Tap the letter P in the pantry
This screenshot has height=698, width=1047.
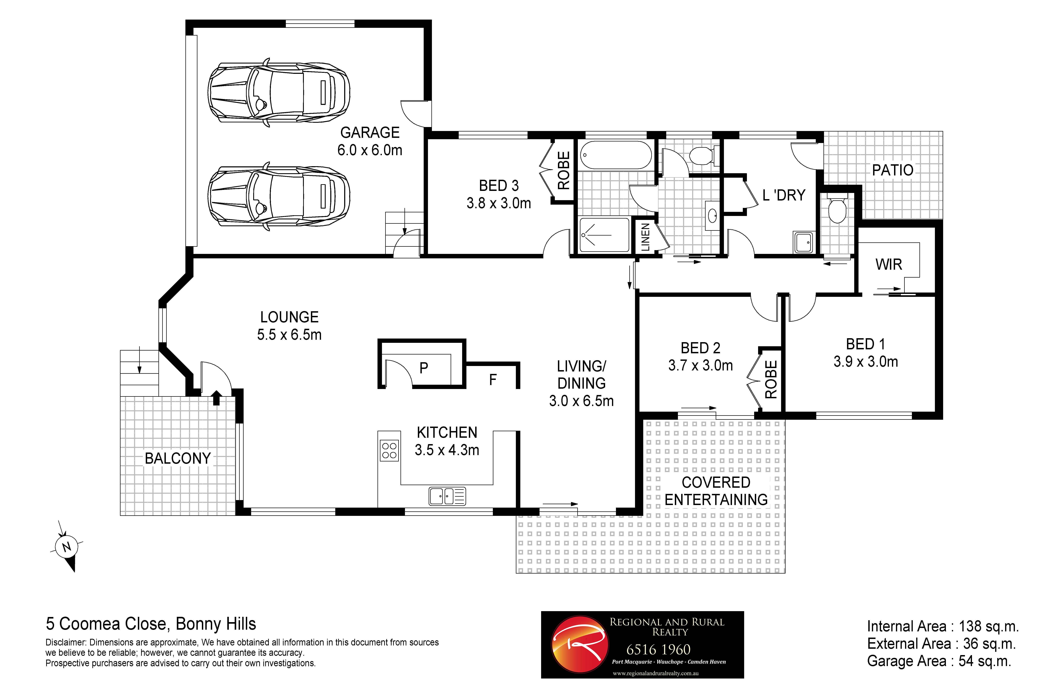(424, 368)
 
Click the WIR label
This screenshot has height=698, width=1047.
(889, 264)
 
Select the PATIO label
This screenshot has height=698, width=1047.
(892, 170)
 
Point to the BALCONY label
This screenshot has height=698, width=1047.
(178, 459)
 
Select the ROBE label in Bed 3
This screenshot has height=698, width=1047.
(564, 170)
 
